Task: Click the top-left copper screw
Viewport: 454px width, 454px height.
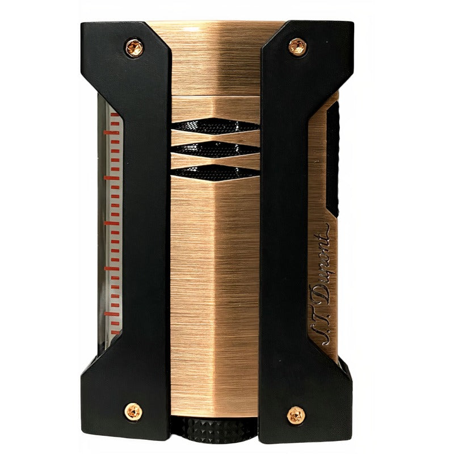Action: coord(134,48)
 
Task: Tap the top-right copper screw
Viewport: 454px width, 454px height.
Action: coord(297,47)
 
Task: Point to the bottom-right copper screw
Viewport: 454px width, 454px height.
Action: coord(296,415)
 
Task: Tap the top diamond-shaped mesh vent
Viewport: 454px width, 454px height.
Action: coord(215,126)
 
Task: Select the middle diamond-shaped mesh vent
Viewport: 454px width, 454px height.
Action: coord(215,149)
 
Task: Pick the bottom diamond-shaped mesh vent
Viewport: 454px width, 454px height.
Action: coord(215,173)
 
